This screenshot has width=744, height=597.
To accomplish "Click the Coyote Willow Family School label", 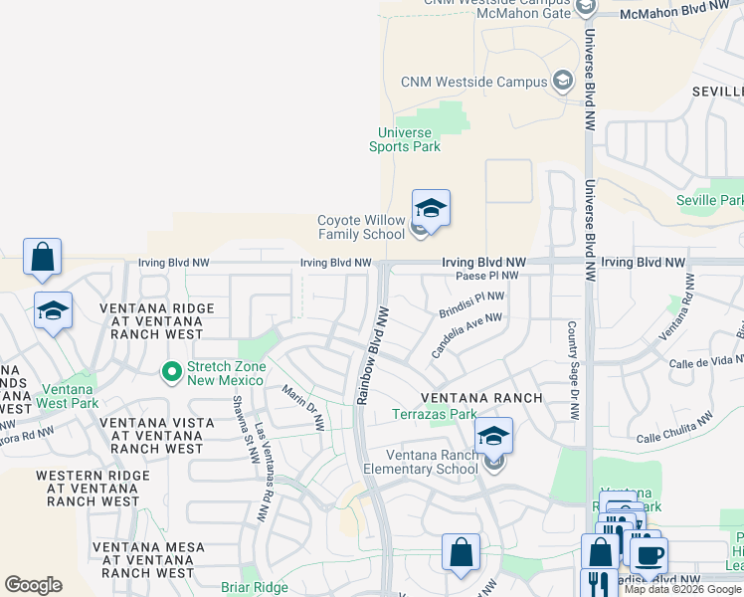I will pyautogui.click(x=362, y=228).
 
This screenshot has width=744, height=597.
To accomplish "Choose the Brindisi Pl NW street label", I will pyautogui.click(x=471, y=304).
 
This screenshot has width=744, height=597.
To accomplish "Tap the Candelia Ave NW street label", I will pyautogui.click(x=466, y=335).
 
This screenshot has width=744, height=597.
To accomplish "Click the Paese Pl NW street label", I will pyautogui.click(x=487, y=276).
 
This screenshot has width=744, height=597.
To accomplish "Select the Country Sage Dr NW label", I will pyautogui.click(x=573, y=369).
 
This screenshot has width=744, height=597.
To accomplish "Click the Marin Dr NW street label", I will pyautogui.click(x=303, y=408).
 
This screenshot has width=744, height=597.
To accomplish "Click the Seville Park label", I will pyautogui.click(x=709, y=200).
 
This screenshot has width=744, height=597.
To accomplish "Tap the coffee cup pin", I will pyautogui.click(x=649, y=555).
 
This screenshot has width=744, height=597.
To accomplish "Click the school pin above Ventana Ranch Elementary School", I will pyautogui.click(x=493, y=436).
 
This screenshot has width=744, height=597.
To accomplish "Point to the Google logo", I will pyautogui.click(x=33, y=585).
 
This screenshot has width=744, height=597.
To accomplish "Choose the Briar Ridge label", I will pyautogui.click(x=254, y=587).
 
